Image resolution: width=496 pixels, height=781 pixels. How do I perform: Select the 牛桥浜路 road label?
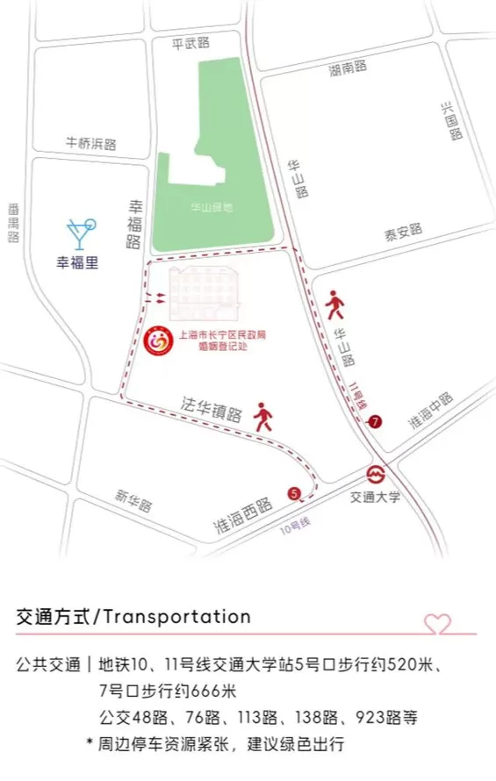pyautogui.click(x=91, y=143)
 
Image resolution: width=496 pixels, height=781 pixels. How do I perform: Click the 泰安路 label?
pyautogui.click(x=403, y=230)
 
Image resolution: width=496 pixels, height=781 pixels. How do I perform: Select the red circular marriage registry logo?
pyautogui.click(x=160, y=338)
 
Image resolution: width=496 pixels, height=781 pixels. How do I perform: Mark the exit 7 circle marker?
pyautogui.click(x=376, y=421)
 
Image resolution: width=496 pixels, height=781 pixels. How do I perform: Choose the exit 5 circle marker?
pyautogui.click(x=293, y=492)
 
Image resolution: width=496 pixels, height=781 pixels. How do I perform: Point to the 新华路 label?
pyautogui.click(x=133, y=501)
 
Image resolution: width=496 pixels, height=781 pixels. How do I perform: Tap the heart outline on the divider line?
pyautogui.click(x=437, y=625)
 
